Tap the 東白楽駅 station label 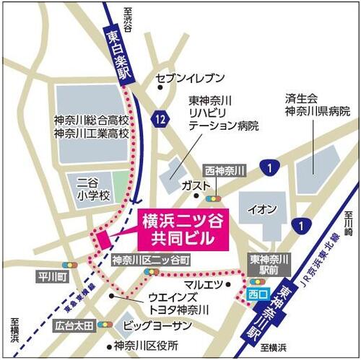(x=119, y=53)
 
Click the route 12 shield (x=158, y=115)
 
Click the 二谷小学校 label (x=95, y=189)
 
